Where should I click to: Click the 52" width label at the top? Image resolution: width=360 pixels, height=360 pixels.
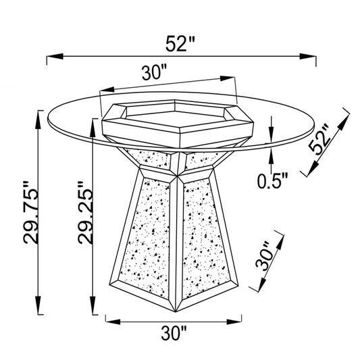click(x=180, y=43)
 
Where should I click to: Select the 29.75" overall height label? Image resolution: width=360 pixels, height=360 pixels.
click(x=31, y=212)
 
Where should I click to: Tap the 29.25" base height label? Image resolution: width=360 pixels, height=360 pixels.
click(x=85, y=212)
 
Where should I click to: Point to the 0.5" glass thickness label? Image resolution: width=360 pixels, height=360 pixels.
click(x=272, y=181)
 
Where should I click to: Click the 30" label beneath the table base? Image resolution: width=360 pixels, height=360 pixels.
click(x=174, y=333)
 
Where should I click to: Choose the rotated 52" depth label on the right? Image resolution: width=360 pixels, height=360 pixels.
click(x=319, y=139)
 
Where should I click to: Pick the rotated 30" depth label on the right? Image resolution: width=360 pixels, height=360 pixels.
click(x=265, y=256)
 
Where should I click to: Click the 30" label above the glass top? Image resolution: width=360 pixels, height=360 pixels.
click(x=154, y=72)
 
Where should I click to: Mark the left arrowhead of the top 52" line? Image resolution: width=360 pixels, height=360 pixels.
click(x=55, y=56)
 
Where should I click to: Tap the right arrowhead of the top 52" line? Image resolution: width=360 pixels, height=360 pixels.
click(x=308, y=57)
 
